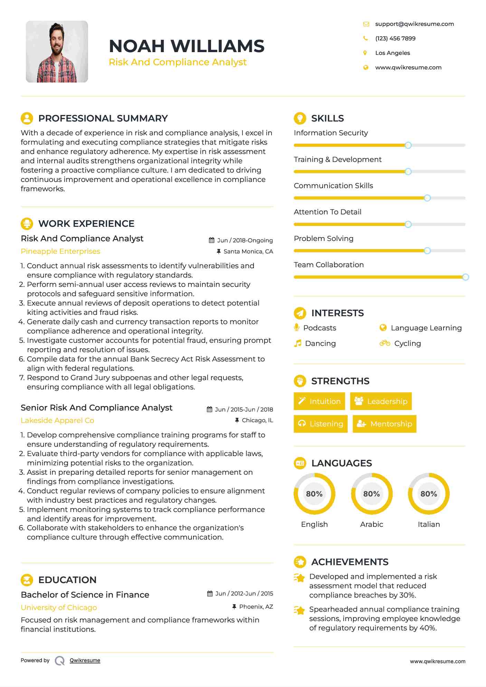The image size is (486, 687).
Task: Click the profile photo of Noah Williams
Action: tap(57, 52)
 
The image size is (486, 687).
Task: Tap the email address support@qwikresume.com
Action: tap(414, 24)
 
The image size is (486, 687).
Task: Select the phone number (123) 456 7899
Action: tap(395, 39)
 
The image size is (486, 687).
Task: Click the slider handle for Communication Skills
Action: tap(427, 198)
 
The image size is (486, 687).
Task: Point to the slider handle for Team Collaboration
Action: tap(465, 277)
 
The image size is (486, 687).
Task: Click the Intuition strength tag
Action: tap(319, 401)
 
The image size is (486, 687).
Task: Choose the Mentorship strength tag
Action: tap(384, 424)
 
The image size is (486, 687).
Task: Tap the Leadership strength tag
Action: tap(381, 401)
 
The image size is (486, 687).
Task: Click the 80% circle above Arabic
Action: tap(372, 494)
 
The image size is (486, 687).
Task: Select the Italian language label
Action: tap(429, 524)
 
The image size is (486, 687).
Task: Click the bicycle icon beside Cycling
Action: tap(384, 343)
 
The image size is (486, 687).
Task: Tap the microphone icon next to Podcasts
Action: tap(297, 327)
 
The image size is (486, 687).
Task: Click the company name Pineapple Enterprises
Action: tap(60, 251)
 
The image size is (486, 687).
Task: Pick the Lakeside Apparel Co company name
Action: tap(57, 420)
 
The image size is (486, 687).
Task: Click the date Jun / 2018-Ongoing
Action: tap(245, 240)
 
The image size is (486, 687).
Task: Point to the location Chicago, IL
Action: tap(257, 420)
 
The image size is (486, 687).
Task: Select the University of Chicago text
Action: tap(59, 608)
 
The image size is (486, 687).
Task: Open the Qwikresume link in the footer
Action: tap(85, 660)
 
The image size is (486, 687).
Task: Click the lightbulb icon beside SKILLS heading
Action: tap(300, 118)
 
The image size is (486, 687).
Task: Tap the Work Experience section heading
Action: tap(86, 224)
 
